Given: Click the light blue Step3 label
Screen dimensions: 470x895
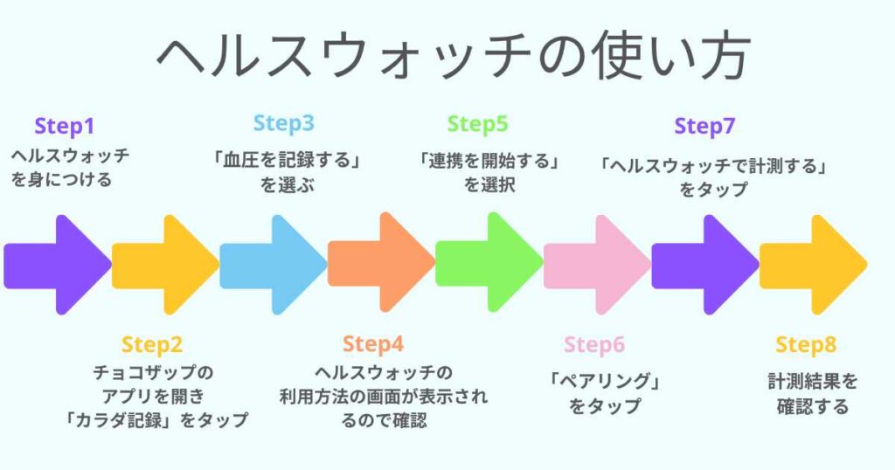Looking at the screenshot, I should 283,124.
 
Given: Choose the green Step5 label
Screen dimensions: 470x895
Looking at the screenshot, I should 477,124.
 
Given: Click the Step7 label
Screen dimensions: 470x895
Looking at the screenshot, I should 704,127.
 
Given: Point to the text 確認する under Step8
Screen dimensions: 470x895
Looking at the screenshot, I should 813,406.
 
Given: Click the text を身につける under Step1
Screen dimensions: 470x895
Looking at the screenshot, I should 61,181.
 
